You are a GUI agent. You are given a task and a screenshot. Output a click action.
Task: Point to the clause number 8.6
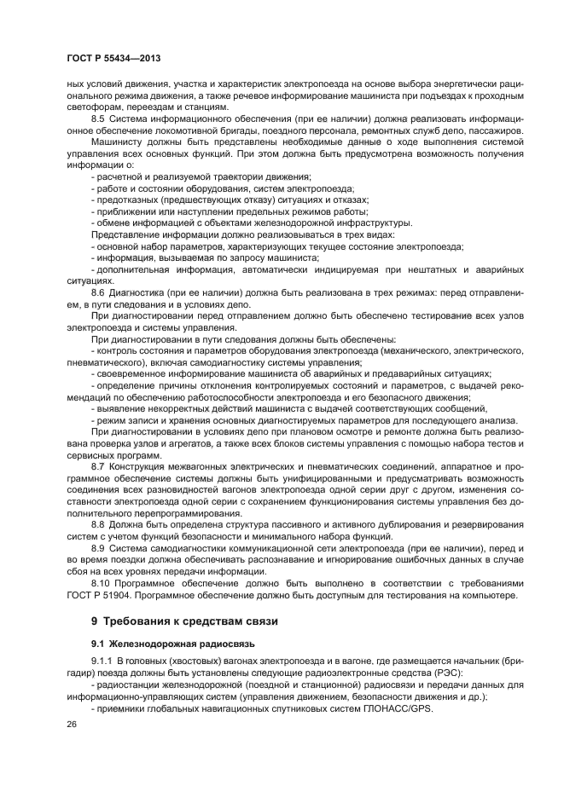click(x=98, y=292)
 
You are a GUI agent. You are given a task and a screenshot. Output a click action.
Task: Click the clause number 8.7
click(x=98, y=467)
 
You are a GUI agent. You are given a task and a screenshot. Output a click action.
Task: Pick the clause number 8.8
click(x=98, y=526)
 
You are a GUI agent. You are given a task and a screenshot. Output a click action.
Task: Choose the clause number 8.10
click(x=101, y=584)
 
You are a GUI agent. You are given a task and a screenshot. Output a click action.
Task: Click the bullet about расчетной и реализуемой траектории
click(x=190, y=176)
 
